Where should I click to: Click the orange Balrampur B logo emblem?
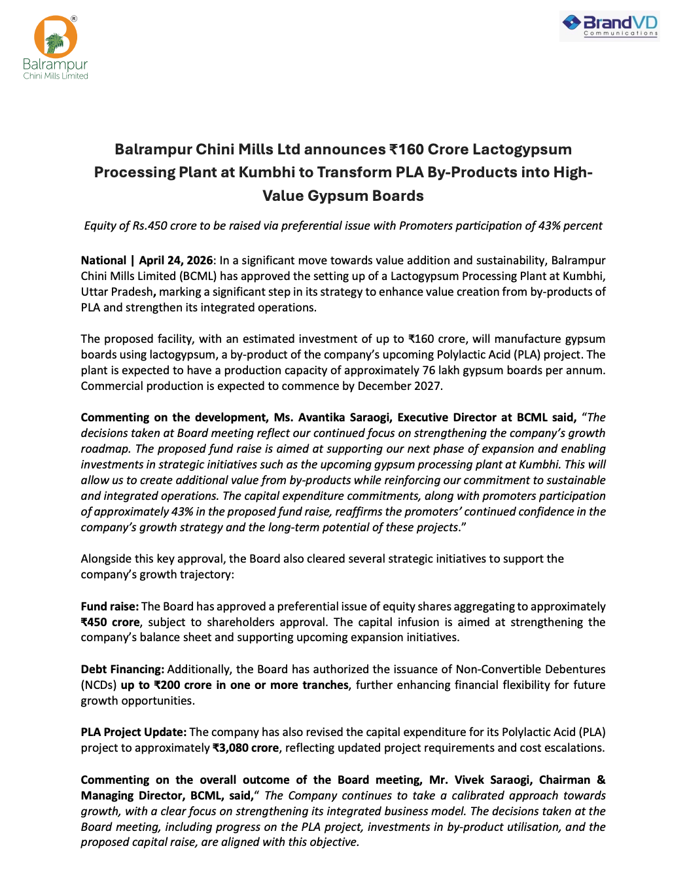(56, 37)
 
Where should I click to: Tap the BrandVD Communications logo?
(610, 26)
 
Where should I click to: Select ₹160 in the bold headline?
(406, 149)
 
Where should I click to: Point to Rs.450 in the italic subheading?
(150, 226)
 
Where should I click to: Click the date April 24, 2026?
(176, 260)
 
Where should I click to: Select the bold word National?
(103, 260)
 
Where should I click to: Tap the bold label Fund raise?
(109, 606)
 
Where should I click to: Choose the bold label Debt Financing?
(122, 669)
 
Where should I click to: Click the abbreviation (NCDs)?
(99, 685)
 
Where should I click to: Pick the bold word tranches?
(325, 685)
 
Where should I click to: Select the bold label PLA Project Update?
(133, 732)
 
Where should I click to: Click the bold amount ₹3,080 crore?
(246, 748)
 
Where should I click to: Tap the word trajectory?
(205, 574)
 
